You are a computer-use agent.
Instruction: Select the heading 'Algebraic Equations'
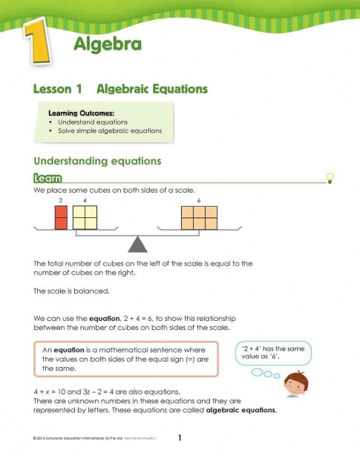coord(152,89)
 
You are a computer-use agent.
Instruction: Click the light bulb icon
coord(330,177)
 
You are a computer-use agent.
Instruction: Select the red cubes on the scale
coord(61,217)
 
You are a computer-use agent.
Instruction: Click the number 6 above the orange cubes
coord(199,201)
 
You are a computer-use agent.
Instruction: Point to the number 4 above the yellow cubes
coord(85,201)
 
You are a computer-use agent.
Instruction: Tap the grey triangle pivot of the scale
coord(137,243)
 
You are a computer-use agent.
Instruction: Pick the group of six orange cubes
coord(199,217)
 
